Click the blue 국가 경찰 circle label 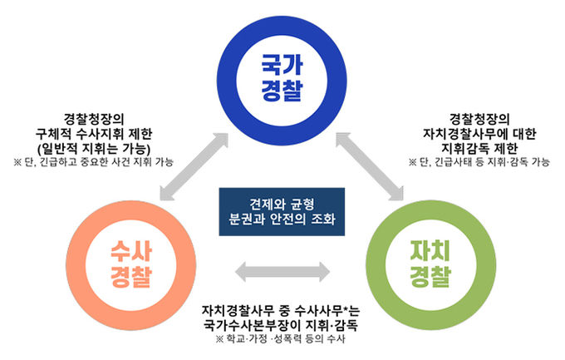click(282, 78)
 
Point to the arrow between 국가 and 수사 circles click(194, 166)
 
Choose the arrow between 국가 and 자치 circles click(370, 166)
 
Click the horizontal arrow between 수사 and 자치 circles click(282, 272)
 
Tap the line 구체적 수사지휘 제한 click(94, 134)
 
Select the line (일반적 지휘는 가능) click(94, 149)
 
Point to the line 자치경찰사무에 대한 click(479, 134)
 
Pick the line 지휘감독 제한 click(479, 148)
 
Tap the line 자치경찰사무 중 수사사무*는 click(280, 311)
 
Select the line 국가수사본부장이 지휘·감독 click(280, 325)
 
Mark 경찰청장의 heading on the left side click(94, 119)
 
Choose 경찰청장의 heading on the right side click(479, 119)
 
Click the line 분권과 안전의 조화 click(282, 219)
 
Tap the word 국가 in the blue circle click(282, 66)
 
